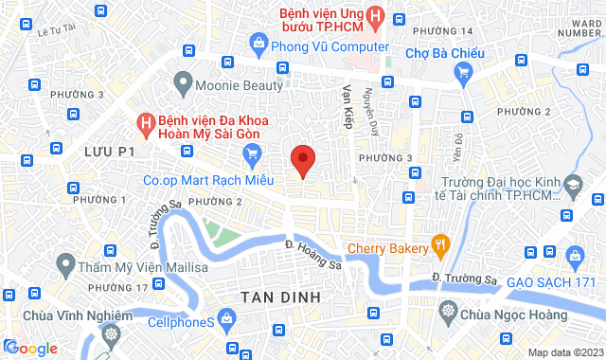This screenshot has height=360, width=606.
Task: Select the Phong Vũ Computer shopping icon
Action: click(258, 43)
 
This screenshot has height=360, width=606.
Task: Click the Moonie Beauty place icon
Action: click(182, 84)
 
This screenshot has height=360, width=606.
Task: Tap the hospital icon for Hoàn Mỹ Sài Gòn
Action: click(146, 123)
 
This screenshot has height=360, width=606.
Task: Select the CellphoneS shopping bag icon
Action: click(227, 321)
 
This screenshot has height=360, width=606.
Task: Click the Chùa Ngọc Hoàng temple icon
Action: click(446, 310)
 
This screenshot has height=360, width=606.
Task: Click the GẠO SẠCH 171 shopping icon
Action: click(574, 255)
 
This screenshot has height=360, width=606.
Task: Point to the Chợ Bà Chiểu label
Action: click(445, 53)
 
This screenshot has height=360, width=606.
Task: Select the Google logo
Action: click(30, 349)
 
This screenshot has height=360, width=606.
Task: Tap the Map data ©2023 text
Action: click(565, 352)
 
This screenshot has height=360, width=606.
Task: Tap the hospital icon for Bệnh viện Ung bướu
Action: click(377, 16)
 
